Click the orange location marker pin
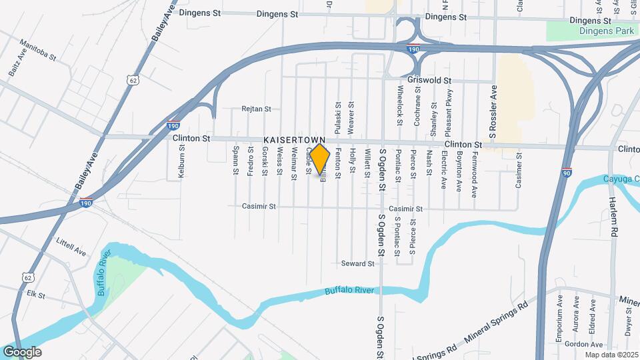(320, 159)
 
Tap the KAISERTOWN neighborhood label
(294, 139)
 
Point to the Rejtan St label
(257, 109)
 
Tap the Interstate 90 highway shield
(567, 173)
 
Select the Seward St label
(357, 264)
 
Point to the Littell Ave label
(71, 247)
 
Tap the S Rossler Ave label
(493, 113)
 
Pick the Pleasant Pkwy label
(449, 111)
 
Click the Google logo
(22, 352)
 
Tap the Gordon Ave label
(573, 344)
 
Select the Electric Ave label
(443, 171)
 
